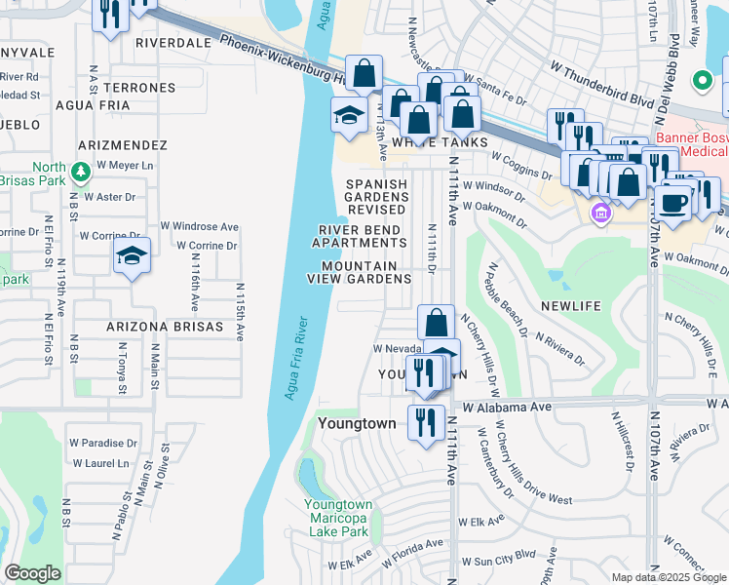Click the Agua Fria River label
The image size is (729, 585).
pyautogui.click(x=296, y=359)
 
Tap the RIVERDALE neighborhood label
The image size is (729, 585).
pyautogui.click(x=173, y=43)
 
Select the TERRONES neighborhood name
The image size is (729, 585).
pyautogui.click(x=142, y=88)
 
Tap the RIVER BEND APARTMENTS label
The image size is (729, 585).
pyautogui.click(x=360, y=236)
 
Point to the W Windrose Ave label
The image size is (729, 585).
pyautogui.click(x=206, y=226)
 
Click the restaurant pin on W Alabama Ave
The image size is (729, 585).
pyautogui.click(x=426, y=422)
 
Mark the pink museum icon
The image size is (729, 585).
pyautogui.click(x=600, y=213)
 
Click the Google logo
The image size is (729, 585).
pyautogui.click(x=34, y=574)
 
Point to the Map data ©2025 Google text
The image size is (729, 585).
pyautogui.click(x=667, y=577)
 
